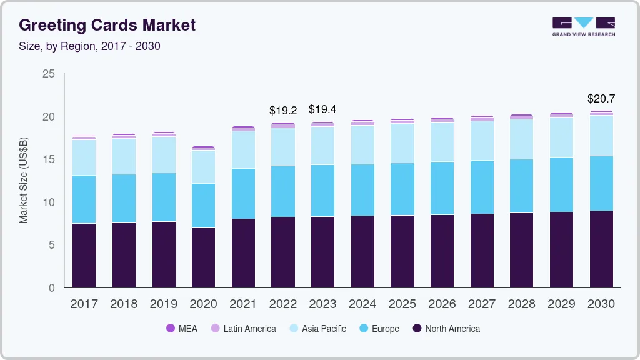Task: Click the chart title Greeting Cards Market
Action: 107,25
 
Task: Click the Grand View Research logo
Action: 583,27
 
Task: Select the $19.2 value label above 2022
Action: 283,111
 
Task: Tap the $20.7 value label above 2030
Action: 601,99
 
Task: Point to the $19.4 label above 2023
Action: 322,110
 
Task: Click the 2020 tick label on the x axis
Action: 203,304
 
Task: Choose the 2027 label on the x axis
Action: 482,304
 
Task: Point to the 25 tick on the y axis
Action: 48,74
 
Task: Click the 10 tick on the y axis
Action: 48,202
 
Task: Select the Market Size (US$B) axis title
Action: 24,181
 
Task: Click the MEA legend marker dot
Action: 170,329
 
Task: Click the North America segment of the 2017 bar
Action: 84,256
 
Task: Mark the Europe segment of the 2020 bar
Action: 203,206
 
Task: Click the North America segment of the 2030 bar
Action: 601,249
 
